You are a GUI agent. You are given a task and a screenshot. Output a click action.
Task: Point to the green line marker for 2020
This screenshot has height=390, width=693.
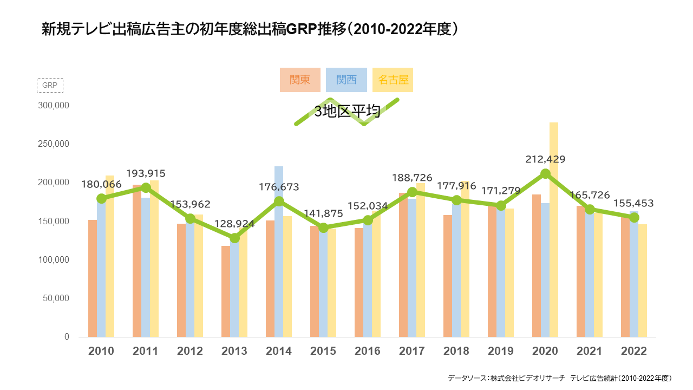545,174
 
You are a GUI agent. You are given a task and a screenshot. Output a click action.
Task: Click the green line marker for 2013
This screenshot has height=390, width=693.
234,238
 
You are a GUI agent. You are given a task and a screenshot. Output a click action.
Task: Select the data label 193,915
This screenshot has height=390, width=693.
146,174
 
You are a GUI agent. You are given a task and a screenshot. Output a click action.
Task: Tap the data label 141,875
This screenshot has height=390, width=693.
323,214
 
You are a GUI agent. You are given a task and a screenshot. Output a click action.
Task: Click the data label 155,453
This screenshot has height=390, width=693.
634,204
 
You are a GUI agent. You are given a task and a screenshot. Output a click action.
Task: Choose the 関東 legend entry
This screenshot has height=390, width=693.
300,80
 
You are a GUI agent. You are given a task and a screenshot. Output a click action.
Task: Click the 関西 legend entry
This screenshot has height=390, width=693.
346,80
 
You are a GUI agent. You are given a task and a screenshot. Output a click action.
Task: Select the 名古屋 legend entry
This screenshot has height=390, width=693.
393,80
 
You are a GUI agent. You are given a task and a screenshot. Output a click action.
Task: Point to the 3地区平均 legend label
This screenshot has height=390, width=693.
347,112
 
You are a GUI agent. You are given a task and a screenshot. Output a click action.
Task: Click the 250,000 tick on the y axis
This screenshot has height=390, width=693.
54,144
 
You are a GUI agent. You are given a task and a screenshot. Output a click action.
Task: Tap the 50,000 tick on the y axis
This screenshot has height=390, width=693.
56,298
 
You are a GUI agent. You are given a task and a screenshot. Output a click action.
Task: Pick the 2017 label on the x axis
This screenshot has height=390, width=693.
412,351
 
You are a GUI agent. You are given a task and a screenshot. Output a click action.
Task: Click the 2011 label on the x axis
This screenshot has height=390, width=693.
146,351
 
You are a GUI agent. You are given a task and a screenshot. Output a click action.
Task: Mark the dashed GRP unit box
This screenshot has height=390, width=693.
50,86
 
